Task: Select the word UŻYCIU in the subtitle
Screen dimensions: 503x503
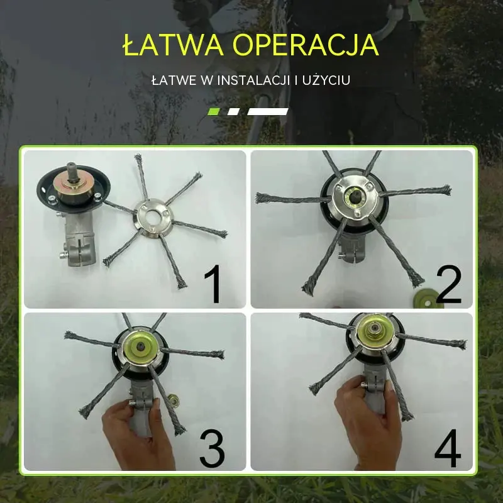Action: tap(326, 80)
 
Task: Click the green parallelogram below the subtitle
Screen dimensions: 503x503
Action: tap(214, 112)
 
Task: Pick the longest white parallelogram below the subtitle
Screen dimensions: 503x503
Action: tap(268, 112)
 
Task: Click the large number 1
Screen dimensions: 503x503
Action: tap(213, 284)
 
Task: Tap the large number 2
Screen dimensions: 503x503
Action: tap(448, 284)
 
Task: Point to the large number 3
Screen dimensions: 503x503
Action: tap(212, 448)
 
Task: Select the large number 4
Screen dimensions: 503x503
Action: tap(448, 448)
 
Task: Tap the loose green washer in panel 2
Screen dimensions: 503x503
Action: tap(426, 300)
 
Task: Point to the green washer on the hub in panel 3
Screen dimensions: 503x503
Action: tap(141, 348)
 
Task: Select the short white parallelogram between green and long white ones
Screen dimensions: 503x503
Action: tap(233, 112)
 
